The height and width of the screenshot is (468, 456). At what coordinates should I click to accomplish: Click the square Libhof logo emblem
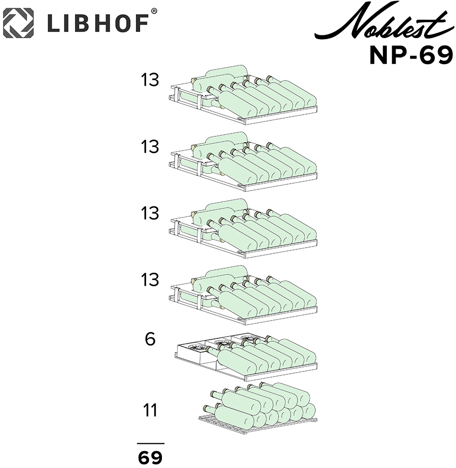(x=18, y=23)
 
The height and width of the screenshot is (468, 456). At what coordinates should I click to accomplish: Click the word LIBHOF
(x=98, y=23)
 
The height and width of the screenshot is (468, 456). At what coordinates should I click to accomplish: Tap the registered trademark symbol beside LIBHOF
(x=154, y=11)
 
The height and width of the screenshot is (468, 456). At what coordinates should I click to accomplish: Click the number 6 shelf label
(x=150, y=339)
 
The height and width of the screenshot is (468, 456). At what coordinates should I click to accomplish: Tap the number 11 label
(x=150, y=410)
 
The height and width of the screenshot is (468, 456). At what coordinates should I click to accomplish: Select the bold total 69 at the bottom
(x=150, y=457)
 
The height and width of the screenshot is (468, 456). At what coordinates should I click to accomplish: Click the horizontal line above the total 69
(x=151, y=443)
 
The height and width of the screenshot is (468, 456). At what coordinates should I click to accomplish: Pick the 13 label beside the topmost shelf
(x=150, y=80)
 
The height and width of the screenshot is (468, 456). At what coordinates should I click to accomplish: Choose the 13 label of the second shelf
(x=150, y=147)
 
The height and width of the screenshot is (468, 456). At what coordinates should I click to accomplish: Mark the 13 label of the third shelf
(x=150, y=213)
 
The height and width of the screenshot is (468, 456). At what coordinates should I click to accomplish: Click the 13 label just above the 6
(x=150, y=280)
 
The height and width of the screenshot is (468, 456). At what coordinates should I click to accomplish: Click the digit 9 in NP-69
(x=445, y=55)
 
